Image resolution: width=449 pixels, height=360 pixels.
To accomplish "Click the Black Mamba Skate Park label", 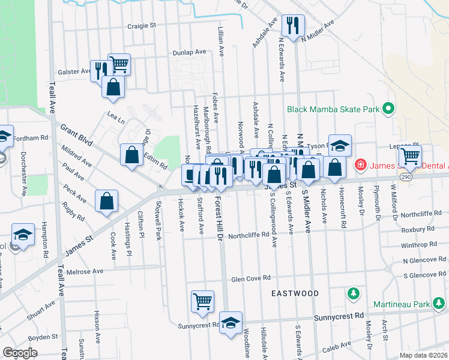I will (333, 109).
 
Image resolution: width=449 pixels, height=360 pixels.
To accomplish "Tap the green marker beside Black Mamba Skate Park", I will (388, 109).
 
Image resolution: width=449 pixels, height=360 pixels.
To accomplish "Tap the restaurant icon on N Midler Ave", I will (293, 25).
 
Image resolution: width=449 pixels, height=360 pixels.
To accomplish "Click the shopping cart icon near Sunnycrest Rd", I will (203, 301).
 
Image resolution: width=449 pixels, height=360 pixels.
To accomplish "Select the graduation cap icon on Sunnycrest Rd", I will (231, 322).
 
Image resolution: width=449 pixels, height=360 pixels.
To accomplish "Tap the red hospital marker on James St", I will (360, 164).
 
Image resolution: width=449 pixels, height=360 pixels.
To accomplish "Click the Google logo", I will (20, 353).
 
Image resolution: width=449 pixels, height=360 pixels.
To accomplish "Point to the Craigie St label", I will (142, 26).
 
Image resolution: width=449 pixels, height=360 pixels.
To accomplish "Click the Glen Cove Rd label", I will (251, 278).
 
